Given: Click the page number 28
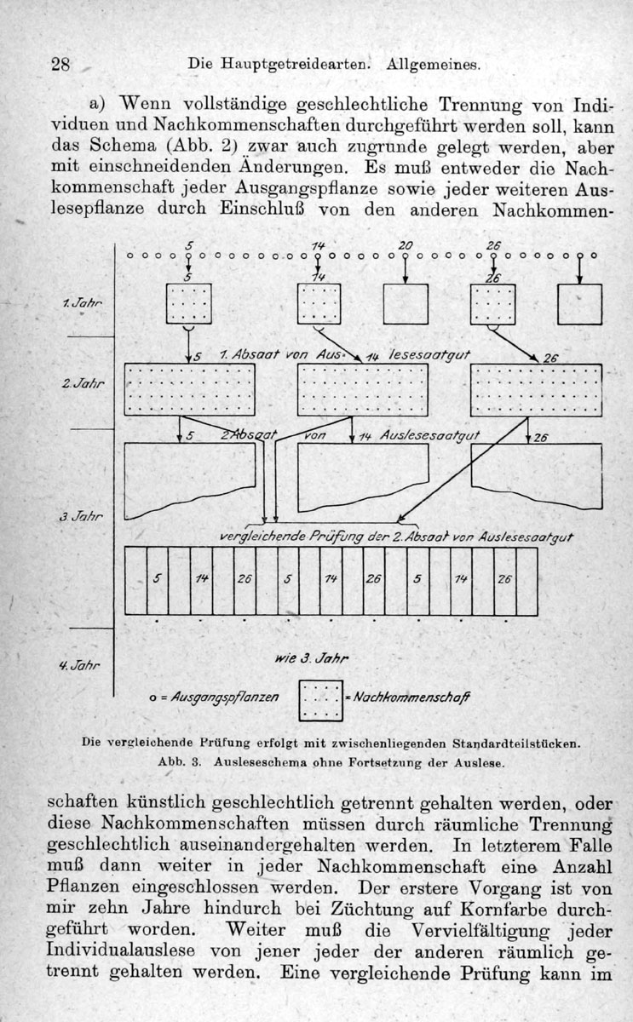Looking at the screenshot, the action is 60,64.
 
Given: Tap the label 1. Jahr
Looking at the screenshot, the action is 82,303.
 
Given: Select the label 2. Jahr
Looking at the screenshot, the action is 83,383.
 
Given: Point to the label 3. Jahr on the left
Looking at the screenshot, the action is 81,516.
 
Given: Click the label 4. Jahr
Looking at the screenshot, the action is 79,665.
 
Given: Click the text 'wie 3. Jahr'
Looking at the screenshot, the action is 312,658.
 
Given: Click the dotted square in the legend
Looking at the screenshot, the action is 321,701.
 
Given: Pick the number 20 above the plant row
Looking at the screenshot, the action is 406,245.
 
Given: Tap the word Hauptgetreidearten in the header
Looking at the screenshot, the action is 295,64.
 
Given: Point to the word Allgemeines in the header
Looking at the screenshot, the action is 434,65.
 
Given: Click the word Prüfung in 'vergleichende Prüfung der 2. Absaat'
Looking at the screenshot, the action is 337,536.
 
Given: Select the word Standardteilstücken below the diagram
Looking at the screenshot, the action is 516,744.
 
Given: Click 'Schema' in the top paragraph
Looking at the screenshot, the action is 123,146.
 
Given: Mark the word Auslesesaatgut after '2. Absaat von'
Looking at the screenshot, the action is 430,436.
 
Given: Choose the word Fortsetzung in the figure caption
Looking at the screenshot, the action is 387,762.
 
